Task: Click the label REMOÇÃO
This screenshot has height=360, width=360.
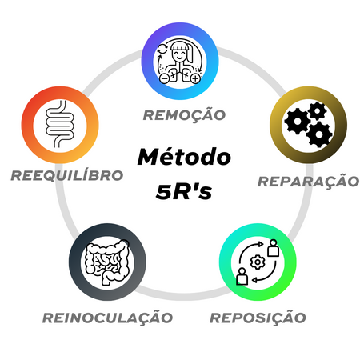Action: point(184,115)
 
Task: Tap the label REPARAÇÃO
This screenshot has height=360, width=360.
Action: point(309,182)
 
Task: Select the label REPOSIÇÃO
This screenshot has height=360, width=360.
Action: point(258,318)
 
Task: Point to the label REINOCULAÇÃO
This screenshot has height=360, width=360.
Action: point(108,318)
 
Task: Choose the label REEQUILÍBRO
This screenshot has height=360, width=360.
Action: point(67,175)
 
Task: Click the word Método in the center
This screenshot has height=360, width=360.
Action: point(184,157)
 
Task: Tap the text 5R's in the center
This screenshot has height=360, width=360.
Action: point(184,191)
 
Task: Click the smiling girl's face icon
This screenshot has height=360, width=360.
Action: point(178,54)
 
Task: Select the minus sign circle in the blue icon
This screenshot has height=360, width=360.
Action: point(164,78)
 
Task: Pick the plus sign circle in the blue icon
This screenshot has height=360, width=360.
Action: point(195,78)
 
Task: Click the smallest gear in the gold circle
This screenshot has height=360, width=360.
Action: point(318,110)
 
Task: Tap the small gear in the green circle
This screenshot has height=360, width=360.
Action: point(258,262)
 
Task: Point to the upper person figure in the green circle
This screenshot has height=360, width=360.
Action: point(274,248)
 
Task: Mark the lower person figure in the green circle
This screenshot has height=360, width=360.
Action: point(242,276)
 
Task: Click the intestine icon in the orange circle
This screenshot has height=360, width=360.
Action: point(60,124)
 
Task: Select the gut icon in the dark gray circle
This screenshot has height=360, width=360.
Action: point(107,262)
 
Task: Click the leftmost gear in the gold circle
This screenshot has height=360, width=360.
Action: point(298,122)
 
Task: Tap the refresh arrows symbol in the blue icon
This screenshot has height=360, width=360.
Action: point(162,49)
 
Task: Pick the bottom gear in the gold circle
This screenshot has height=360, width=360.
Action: point(319,134)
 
